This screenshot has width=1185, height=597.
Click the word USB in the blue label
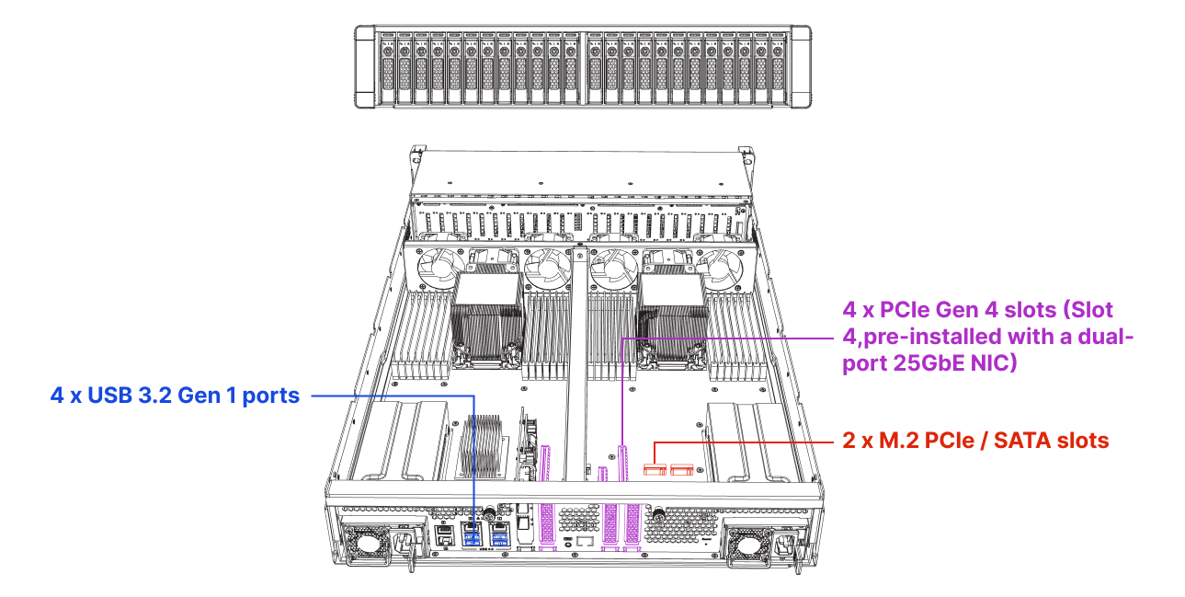click(x=106, y=396)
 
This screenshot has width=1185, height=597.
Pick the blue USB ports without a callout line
click(x=500, y=539)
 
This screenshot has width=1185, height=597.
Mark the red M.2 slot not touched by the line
click(x=681, y=471)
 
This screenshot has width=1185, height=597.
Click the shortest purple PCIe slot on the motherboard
click(x=602, y=474)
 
